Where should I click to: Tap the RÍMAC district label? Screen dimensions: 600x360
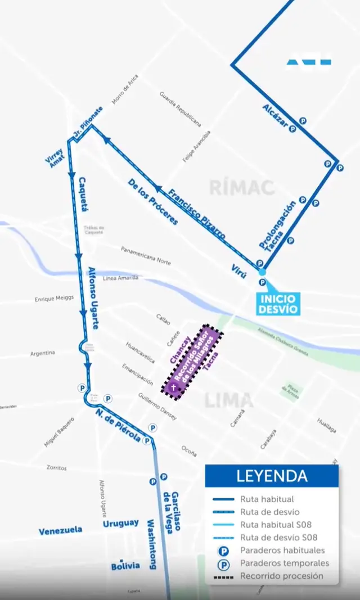click(242, 187)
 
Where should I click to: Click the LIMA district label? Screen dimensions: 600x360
click(229, 401)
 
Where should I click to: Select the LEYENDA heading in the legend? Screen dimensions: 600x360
click(272, 476)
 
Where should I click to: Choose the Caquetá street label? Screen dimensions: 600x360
click(84, 194)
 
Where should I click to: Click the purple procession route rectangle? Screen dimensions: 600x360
click(193, 362)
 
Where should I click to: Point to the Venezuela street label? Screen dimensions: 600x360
click(60, 530)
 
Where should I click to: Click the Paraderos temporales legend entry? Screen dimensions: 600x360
click(284, 563)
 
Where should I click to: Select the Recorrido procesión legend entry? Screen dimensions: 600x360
click(281, 576)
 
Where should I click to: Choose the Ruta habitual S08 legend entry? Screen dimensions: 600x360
click(274, 525)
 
